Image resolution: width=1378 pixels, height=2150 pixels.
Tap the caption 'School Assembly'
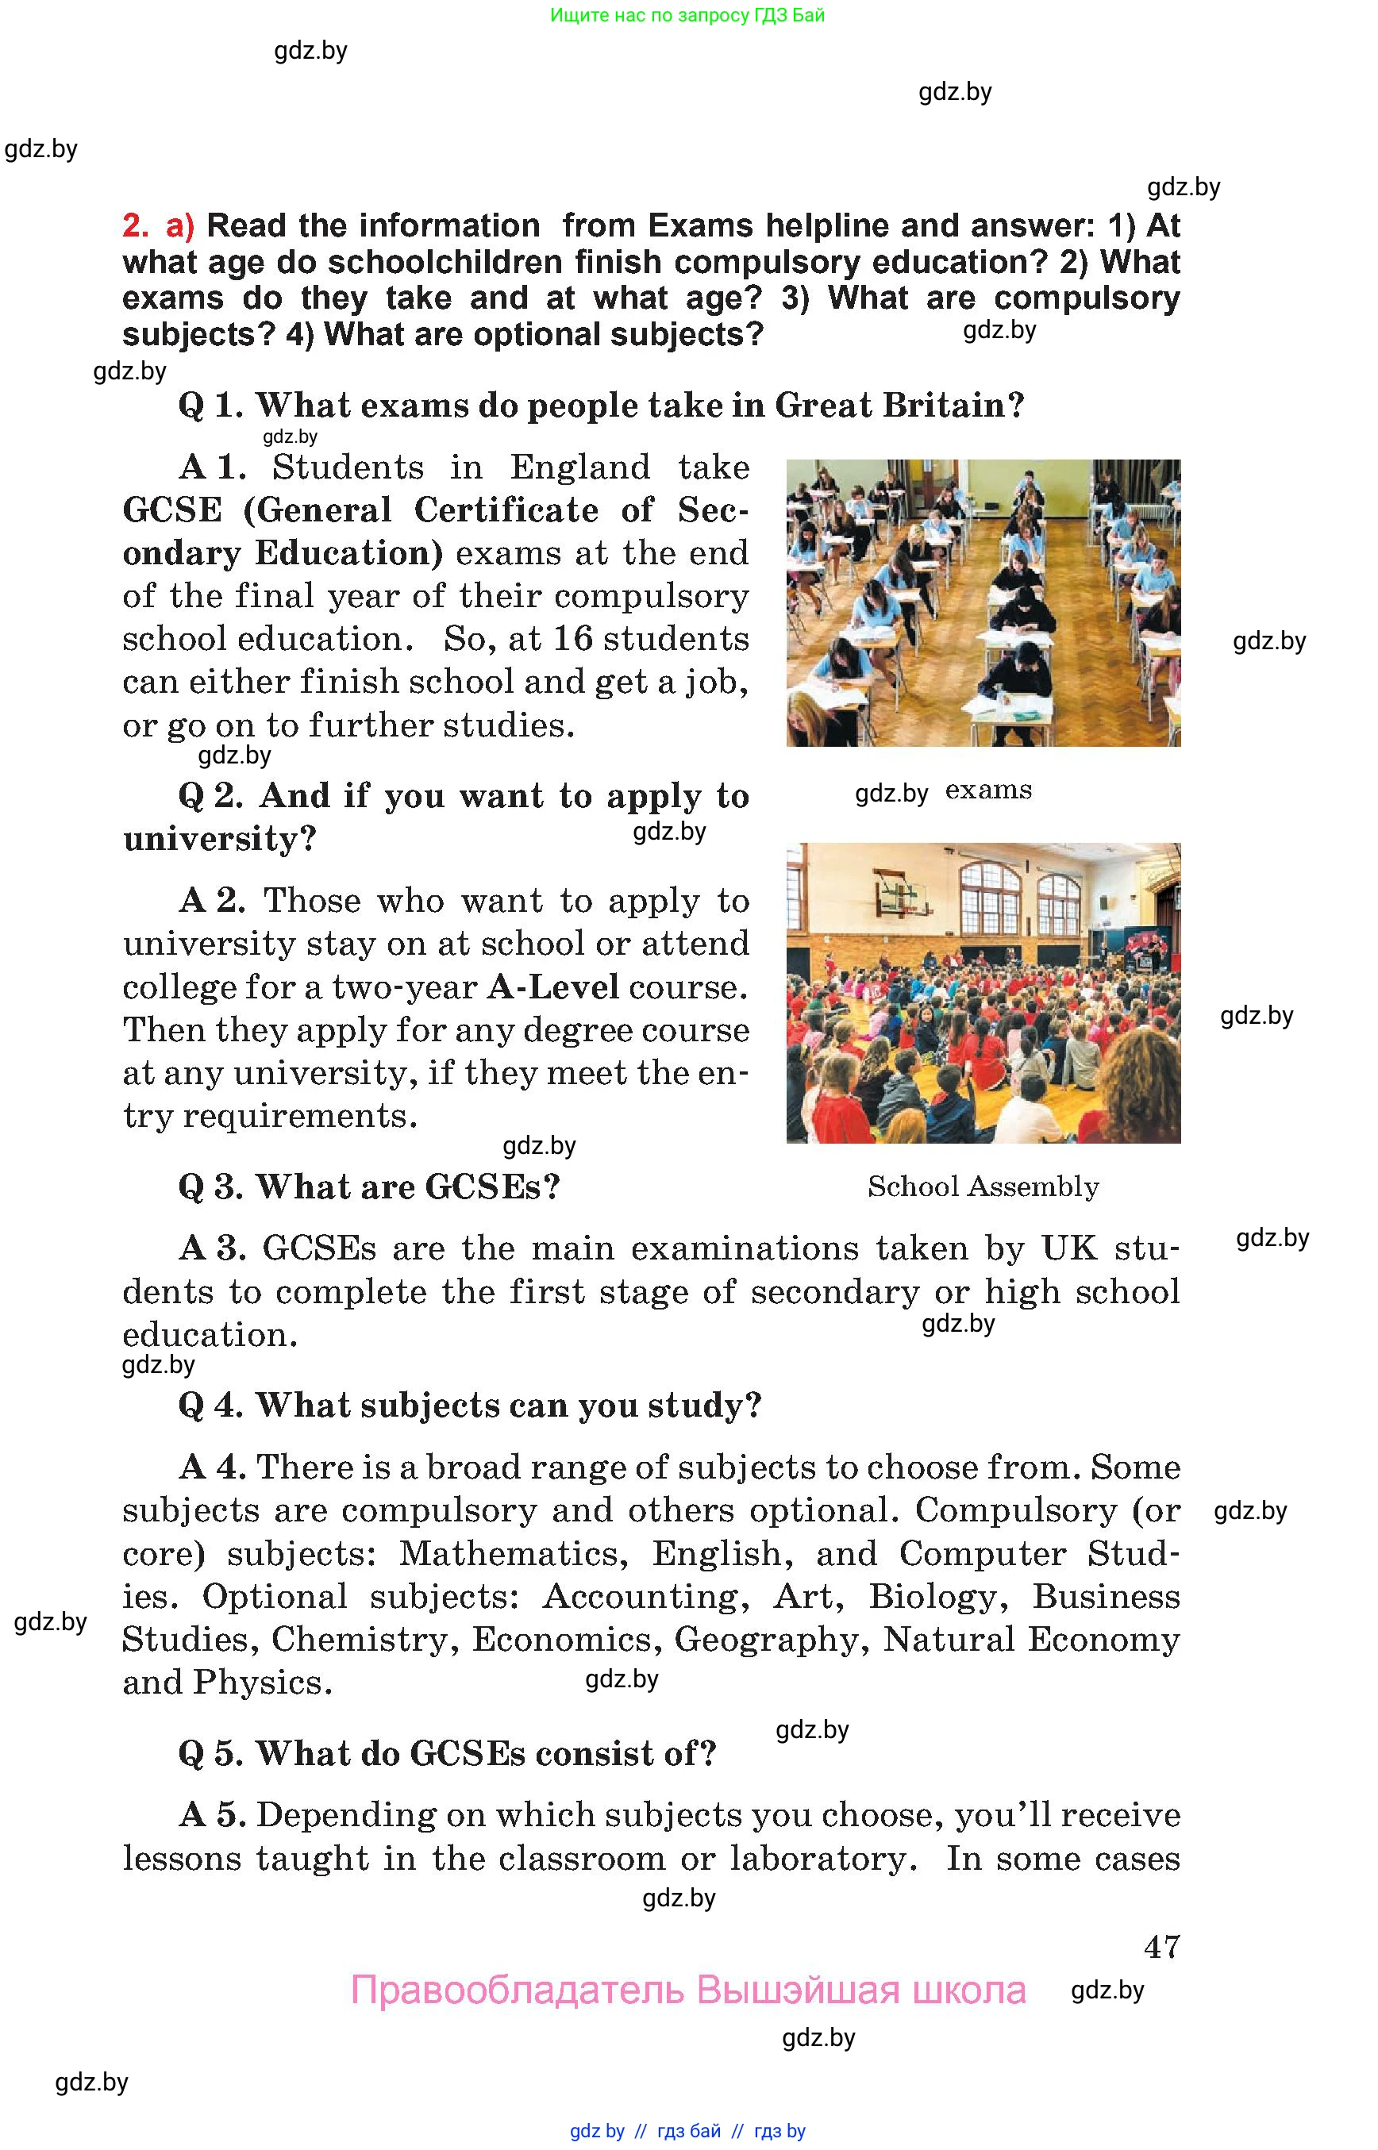click(x=983, y=1187)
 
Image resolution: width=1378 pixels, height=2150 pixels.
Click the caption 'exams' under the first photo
click(x=988, y=790)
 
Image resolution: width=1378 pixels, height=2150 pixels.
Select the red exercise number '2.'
click(x=136, y=225)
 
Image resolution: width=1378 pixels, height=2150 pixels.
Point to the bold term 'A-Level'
click(x=553, y=987)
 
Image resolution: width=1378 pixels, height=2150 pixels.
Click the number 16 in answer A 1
click(x=572, y=639)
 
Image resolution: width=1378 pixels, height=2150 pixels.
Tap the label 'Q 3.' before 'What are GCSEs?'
click(x=210, y=1187)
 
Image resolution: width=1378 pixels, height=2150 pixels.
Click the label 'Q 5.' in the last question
click(x=210, y=1754)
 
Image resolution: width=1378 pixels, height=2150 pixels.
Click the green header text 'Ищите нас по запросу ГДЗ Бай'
click(x=687, y=15)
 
